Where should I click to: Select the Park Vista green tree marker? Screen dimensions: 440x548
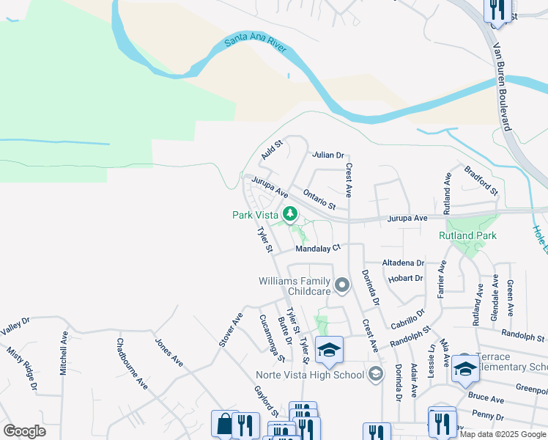coord(291,214)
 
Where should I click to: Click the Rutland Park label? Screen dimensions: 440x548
coord(467,235)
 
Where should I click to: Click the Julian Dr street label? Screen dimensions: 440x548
coord(327,155)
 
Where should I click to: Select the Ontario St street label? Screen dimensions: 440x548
coord(319,199)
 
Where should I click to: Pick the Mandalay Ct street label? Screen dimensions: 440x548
coord(318,249)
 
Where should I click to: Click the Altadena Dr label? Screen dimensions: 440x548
coord(403,263)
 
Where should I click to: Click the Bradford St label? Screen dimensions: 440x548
coord(481,180)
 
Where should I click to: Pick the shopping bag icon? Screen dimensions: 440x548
coord(224,424)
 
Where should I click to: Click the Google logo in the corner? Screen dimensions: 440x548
coord(24,431)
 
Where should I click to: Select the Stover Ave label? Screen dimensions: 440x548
coord(230,330)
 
